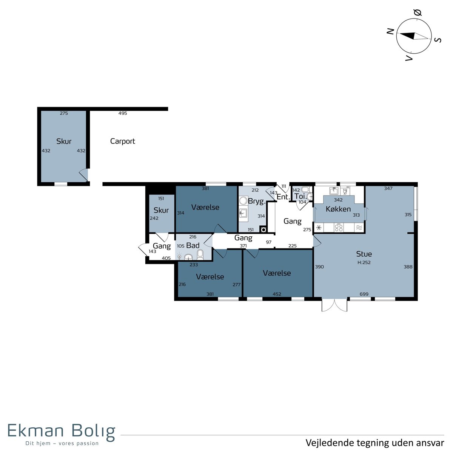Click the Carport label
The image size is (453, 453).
point(122,141)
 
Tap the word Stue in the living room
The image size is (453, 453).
point(364,254)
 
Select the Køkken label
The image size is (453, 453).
point(338,209)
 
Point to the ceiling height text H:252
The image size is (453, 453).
point(364,262)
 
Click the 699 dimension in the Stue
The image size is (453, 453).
point(364,294)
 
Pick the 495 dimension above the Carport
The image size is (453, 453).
point(122,113)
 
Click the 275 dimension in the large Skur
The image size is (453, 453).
point(64,113)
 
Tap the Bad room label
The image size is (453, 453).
point(193,245)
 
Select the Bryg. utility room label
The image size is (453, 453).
point(257,202)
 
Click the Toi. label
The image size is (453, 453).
point(300,196)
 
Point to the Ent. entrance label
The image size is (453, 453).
point(283,197)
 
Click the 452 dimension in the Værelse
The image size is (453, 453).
point(277,294)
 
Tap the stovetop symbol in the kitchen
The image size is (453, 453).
point(339,228)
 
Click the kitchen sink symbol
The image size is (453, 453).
point(334,191)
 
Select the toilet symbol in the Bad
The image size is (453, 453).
point(200,254)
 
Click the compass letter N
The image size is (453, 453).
point(390,31)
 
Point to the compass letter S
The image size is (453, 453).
point(438,40)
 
